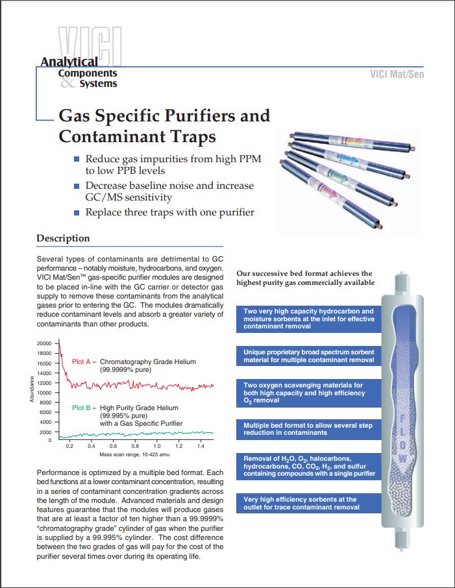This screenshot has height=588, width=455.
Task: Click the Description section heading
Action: [x=63, y=238]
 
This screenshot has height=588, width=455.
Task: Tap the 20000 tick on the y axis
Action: [x=43, y=343]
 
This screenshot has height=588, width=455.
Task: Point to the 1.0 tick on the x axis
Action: [x=157, y=447]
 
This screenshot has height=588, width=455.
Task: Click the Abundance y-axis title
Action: [x=31, y=389]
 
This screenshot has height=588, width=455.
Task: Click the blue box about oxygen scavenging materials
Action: [x=308, y=393]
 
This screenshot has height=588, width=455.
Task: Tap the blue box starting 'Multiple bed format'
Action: [x=308, y=429]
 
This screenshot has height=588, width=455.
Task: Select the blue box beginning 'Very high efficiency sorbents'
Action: [x=308, y=503]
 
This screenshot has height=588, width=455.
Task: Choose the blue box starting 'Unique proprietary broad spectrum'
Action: [x=308, y=356]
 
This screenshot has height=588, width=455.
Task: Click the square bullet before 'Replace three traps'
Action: [x=77, y=212]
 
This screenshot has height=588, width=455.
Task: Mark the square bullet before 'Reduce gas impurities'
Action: [x=77, y=159]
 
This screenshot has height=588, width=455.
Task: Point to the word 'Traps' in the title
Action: [x=191, y=137]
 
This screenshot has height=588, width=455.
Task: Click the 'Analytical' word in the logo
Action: [x=69, y=62]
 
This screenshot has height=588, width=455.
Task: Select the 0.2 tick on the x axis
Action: [x=70, y=447]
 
